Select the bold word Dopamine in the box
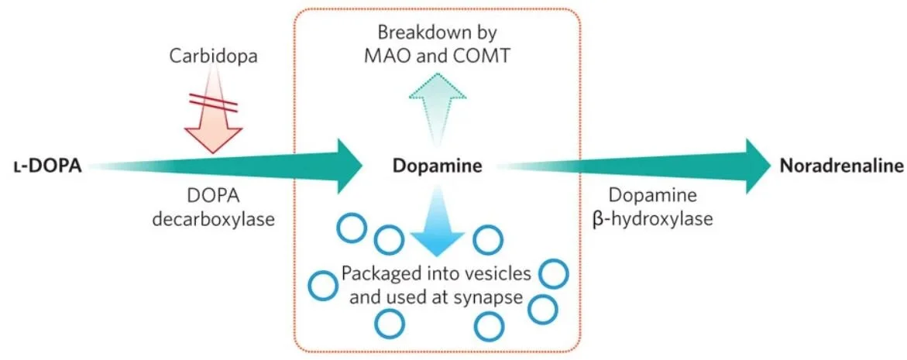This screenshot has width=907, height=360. pos(437,166)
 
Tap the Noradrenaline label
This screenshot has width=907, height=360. pos(840,166)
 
